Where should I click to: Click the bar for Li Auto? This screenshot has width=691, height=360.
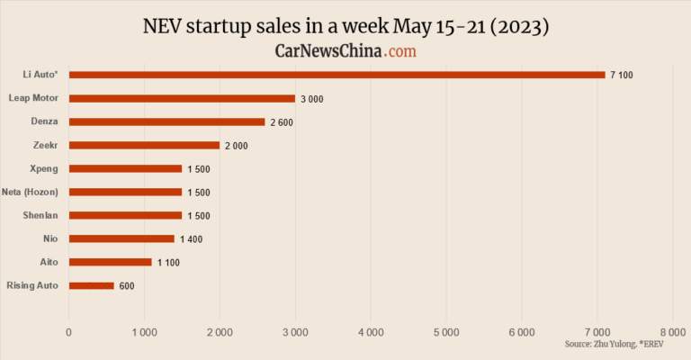(x=337, y=75)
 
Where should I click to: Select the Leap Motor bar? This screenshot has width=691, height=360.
(x=182, y=98)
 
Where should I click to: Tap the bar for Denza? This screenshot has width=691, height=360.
(x=166, y=121)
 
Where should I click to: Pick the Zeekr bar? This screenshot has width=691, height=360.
(x=144, y=145)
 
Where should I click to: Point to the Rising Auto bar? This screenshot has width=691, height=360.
(x=91, y=285)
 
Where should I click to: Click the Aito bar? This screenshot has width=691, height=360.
(x=110, y=262)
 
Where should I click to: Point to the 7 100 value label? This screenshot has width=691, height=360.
(x=621, y=76)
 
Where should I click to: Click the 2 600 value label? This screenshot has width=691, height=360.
(x=281, y=122)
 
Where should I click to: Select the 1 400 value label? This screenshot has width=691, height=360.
(x=190, y=239)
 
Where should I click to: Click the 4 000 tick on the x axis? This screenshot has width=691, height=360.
(x=371, y=333)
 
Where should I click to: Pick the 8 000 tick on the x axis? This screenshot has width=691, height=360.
(x=672, y=333)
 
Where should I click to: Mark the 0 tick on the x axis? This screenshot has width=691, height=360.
(x=69, y=333)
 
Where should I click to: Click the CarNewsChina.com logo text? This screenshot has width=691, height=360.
(x=345, y=52)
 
